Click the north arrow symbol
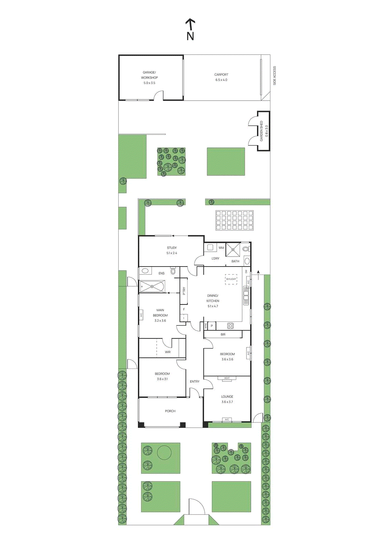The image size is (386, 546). click(190, 29)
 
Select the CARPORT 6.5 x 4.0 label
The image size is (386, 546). click(221, 77)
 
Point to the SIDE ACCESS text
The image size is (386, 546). click(274, 76)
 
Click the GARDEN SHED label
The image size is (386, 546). click(263, 131)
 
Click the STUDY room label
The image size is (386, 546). click(172, 250)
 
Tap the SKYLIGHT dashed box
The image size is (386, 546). click(231, 279)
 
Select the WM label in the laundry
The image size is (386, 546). click(221, 248)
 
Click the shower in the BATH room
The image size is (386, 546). click(233, 249)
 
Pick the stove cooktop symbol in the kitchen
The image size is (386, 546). click(230, 326)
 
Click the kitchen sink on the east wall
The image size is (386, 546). click(246, 296)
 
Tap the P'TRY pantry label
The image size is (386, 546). click(184, 291)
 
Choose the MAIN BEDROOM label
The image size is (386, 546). click(160, 315)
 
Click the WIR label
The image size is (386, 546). click(168, 352)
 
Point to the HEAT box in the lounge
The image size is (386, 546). click(227, 378)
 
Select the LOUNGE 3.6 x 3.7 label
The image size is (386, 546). click(227, 399)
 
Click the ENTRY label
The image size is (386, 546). click(195, 382)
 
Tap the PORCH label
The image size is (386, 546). click(170, 411)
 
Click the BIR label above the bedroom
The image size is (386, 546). click(223, 334)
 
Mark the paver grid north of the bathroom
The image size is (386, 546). click(234, 220)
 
